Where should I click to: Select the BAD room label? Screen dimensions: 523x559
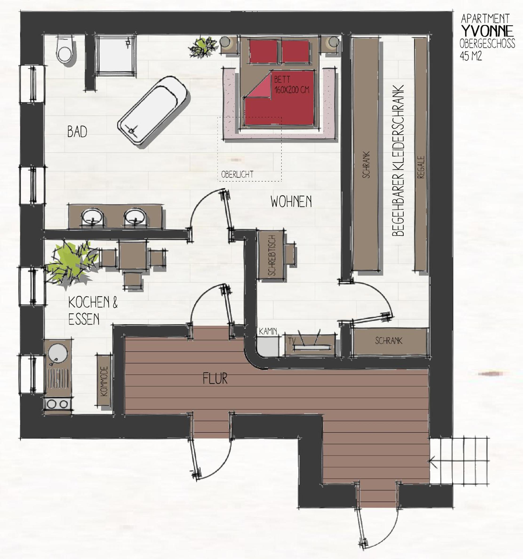coord(77,132)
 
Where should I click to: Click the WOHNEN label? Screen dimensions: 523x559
coord(291,202)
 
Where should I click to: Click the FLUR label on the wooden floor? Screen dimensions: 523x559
coord(215,378)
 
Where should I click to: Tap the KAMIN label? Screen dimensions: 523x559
coord(268,331)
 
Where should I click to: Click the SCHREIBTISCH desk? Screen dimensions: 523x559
coord(271,255)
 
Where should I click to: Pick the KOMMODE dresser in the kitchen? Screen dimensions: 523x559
coord(104,381)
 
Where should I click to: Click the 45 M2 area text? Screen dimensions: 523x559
coord(471,56)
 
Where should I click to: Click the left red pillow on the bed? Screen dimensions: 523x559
coord(263,51)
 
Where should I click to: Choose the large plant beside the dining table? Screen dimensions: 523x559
coord(72,264)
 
